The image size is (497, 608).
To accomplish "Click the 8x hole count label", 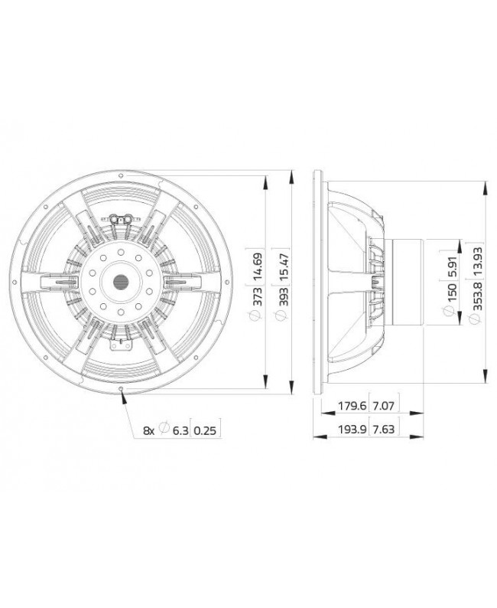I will (148, 431).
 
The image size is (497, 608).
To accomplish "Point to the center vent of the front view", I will (122, 282).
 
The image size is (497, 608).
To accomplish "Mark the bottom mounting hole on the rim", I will (122, 389).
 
